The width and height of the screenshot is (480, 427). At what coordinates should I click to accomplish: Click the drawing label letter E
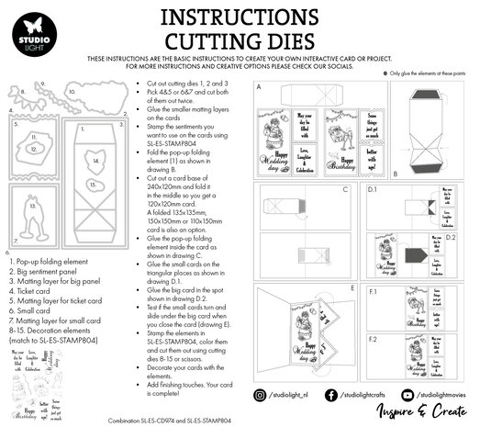coord(353,287)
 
